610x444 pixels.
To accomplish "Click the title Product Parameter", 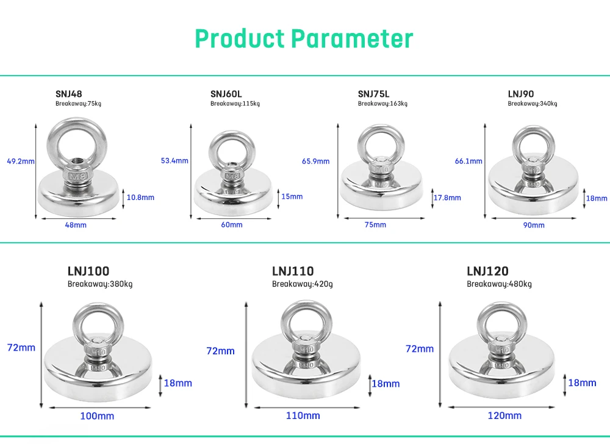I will [304, 38].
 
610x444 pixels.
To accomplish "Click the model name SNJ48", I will [68, 94].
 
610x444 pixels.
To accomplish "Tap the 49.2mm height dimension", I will [21, 162].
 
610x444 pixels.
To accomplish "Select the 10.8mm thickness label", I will [141, 197].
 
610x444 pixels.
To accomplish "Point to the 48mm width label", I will [76, 225].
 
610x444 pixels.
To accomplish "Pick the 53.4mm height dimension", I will [174, 160].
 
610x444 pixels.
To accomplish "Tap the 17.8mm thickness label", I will [447, 198].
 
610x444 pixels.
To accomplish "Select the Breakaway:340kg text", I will [533, 104].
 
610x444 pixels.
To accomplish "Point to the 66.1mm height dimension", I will [468, 161].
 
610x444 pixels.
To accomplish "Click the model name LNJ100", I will [88, 271].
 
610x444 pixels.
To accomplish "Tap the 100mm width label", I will [97, 416].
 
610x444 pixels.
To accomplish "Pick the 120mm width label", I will [504, 415].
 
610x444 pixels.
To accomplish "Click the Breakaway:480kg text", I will [499, 284].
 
